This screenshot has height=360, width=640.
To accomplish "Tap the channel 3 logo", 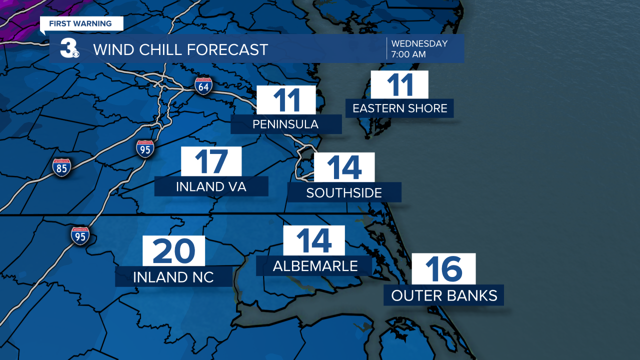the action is coord(68,48).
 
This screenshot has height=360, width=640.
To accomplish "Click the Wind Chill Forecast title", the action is coord(180,49).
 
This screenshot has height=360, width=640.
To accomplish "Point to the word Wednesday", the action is coord(419,43).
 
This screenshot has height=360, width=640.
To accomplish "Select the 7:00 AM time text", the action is coord(408,54).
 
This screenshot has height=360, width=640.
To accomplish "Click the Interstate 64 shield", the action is coord(203,85).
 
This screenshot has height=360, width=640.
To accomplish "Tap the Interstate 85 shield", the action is coord(61,167).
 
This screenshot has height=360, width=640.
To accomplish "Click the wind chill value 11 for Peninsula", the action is coord(286,100).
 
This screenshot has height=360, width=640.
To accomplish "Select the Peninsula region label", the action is coord(285,124).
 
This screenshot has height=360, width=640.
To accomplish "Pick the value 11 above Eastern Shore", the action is coord(399,85).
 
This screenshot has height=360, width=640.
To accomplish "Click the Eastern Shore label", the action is coord(400,108).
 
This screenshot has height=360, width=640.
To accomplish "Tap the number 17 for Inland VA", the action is coord(211,161).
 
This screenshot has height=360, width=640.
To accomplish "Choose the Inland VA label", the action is coord(211,186).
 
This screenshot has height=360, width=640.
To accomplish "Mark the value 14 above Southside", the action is coord(344,167).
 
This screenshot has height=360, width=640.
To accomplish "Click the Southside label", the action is coord(344,192).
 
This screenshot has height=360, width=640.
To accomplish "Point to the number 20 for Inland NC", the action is coord(174,251).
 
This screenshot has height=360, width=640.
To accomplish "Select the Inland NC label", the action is coord(173,276).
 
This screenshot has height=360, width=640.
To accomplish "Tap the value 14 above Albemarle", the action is coord(314,240).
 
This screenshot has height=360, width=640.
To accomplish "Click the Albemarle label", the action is coord(315,266).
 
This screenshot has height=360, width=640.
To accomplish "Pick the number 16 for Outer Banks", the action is coord(444,269).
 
